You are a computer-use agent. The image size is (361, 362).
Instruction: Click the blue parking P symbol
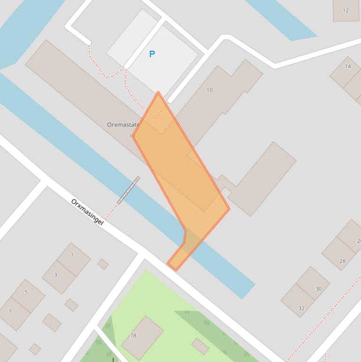point(152,54)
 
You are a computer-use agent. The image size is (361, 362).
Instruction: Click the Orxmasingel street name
point(87,212)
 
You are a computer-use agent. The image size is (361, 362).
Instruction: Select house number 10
point(209,90)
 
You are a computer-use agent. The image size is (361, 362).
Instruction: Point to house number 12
point(346,10)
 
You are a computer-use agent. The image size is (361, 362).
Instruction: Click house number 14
point(348,66)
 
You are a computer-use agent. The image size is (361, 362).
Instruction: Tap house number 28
point(342,261)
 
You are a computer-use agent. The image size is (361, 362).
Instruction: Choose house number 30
point(318,289)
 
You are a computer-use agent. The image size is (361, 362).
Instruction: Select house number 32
point(301,308)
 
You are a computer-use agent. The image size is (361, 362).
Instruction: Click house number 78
point(133,336)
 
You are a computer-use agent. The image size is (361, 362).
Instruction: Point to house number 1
point(72,255)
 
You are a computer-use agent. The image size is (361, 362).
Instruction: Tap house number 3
point(55,275)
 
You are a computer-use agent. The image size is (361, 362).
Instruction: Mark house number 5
point(26,292)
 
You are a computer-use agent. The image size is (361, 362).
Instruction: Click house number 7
point(10,311)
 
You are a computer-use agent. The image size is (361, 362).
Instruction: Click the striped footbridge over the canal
point(128,190)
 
